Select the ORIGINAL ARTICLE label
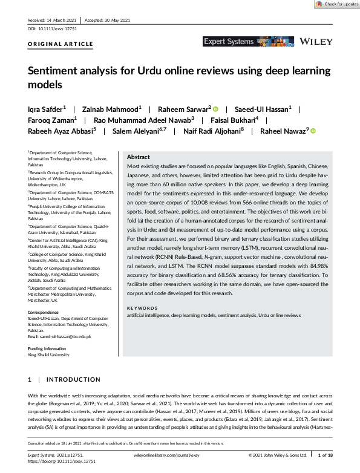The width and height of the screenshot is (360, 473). (61, 44)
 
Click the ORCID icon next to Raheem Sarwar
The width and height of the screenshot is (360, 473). (215, 109)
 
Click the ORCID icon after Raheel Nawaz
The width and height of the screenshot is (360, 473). (313, 130)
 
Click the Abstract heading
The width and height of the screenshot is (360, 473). (139, 156)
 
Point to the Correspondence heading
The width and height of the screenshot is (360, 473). (44, 313)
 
